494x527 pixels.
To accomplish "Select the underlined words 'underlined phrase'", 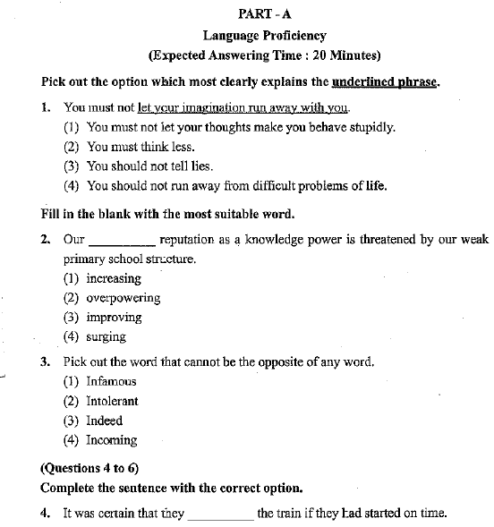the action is [x=386, y=82].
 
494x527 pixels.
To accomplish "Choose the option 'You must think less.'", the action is [x=141, y=147].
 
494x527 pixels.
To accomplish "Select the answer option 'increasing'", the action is [x=114, y=278].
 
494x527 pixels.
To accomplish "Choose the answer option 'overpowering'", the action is [x=123, y=298].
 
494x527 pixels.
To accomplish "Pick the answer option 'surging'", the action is [x=106, y=337].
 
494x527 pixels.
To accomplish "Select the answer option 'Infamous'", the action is [x=111, y=382].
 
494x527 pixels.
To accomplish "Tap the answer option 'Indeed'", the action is [x=104, y=421].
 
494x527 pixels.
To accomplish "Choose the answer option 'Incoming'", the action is [x=111, y=440].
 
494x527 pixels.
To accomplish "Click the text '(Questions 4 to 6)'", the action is [x=89, y=469].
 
